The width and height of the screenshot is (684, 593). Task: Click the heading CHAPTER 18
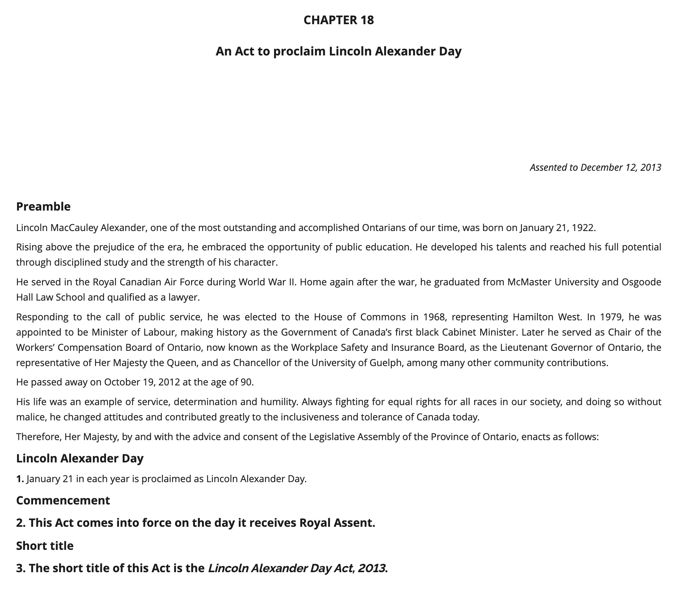pyautogui.click(x=338, y=20)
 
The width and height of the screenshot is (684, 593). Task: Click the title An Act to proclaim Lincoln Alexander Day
pyautogui.click(x=338, y=51)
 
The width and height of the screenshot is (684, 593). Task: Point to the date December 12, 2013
pyautogui.click(x=620, y=167)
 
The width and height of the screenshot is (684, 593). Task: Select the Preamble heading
pyautogui.click(x=44, y=206)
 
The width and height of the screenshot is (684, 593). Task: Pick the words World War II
pyautogui.click(x=267, y=282)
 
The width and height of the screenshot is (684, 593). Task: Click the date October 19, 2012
pyautogui.click(x=142, y=382)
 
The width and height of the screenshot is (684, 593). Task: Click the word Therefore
pyautogui.click(x=38, y=436)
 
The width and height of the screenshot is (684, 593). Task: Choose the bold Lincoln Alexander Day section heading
pyautogui.click(x=80, y=458)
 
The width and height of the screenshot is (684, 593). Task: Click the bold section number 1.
pyautogui.click(x=20, y=479)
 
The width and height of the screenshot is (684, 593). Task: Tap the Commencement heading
pyautogui.click(x=63, y=500)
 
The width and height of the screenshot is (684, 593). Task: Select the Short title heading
pyautogui.click(x=45, y=546)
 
